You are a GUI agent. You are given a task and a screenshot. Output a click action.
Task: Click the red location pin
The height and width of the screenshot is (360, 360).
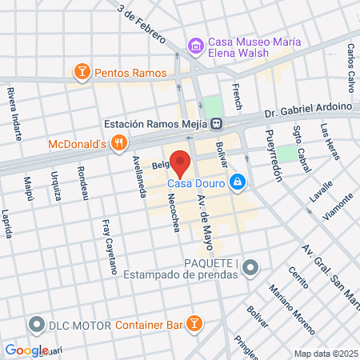181,163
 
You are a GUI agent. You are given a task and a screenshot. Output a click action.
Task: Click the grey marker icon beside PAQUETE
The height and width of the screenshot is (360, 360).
251,266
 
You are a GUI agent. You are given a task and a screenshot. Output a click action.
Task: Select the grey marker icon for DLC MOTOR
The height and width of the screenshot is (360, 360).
35,326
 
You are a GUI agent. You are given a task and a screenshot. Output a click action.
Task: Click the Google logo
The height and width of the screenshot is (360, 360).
26,350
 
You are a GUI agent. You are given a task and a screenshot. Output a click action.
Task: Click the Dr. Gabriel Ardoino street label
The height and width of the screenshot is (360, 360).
296,106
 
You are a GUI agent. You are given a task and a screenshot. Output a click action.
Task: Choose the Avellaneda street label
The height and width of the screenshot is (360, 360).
139,175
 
